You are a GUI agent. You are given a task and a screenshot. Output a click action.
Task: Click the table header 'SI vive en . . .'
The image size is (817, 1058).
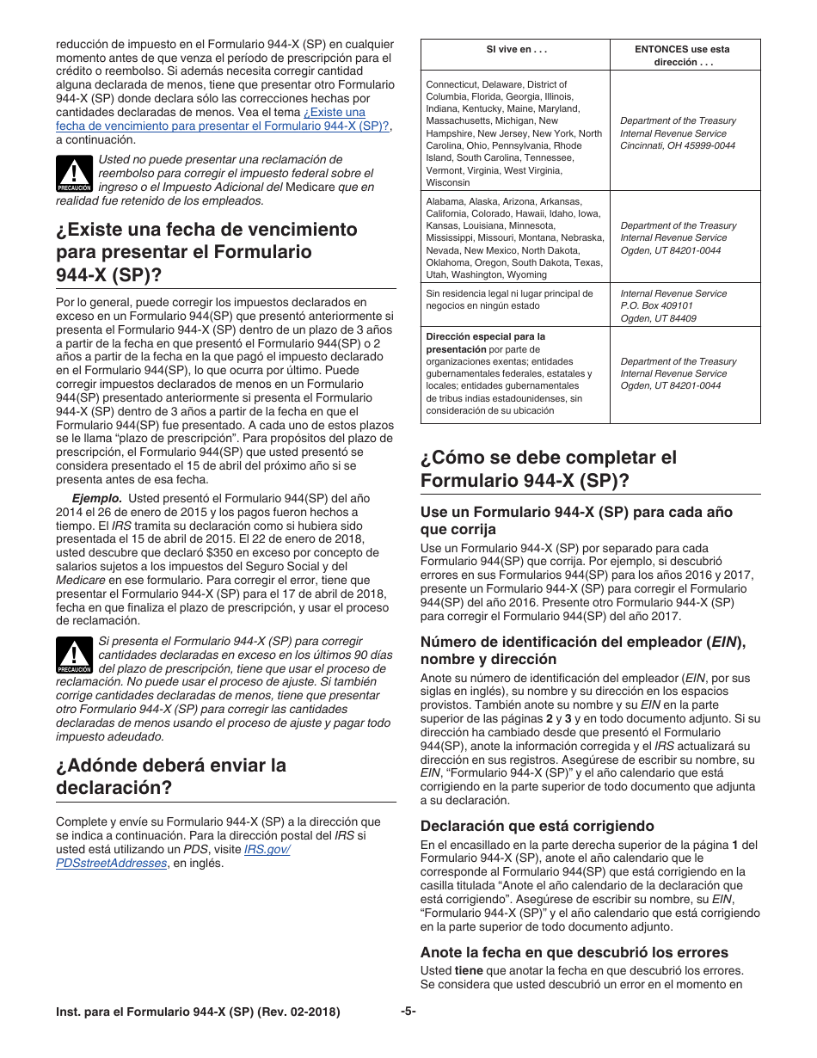[516, 50]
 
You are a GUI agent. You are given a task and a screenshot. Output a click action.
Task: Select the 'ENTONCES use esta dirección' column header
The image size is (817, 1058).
[682, 56]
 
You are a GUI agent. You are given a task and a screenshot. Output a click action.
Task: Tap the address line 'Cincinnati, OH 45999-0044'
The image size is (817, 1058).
[678, 146]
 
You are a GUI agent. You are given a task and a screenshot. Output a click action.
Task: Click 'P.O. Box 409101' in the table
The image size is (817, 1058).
[656, 305]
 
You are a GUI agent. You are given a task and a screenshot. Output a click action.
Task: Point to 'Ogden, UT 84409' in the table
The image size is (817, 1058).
[658, 318]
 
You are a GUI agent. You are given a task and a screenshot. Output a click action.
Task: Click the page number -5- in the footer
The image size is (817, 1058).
[408, 1012]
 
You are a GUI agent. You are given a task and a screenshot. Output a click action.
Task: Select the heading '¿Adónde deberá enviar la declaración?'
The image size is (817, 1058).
[170, 777]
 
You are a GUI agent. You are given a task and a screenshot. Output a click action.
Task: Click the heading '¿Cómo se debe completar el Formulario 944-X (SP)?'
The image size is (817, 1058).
[548, 469]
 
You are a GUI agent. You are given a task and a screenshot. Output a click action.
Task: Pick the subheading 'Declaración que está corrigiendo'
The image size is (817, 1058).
[537, 826]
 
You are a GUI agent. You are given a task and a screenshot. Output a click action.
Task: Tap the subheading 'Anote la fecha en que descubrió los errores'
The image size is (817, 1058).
[574, 952]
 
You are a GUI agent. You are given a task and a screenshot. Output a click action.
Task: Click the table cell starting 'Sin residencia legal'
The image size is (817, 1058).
[509, 299]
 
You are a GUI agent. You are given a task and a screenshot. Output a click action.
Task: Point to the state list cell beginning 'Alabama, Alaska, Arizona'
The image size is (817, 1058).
[514, 238]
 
